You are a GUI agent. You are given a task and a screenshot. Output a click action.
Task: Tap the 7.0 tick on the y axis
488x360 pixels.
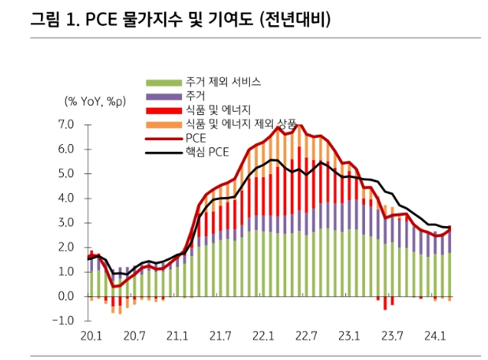(65, 124)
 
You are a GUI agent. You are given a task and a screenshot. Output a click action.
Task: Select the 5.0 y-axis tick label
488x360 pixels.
(65, 173)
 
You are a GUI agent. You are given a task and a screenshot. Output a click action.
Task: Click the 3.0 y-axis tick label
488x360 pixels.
(65, 223)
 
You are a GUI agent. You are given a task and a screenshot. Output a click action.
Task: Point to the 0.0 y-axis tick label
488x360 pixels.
(65, 296)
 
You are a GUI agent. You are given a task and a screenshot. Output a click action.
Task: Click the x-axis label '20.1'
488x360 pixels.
(91, 337)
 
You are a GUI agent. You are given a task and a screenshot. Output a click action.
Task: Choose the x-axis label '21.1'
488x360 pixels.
(177, 337)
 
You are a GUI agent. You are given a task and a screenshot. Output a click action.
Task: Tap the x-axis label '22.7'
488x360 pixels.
(305, 337)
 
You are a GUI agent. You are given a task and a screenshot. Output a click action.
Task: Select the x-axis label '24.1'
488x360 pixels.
(434, 337)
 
